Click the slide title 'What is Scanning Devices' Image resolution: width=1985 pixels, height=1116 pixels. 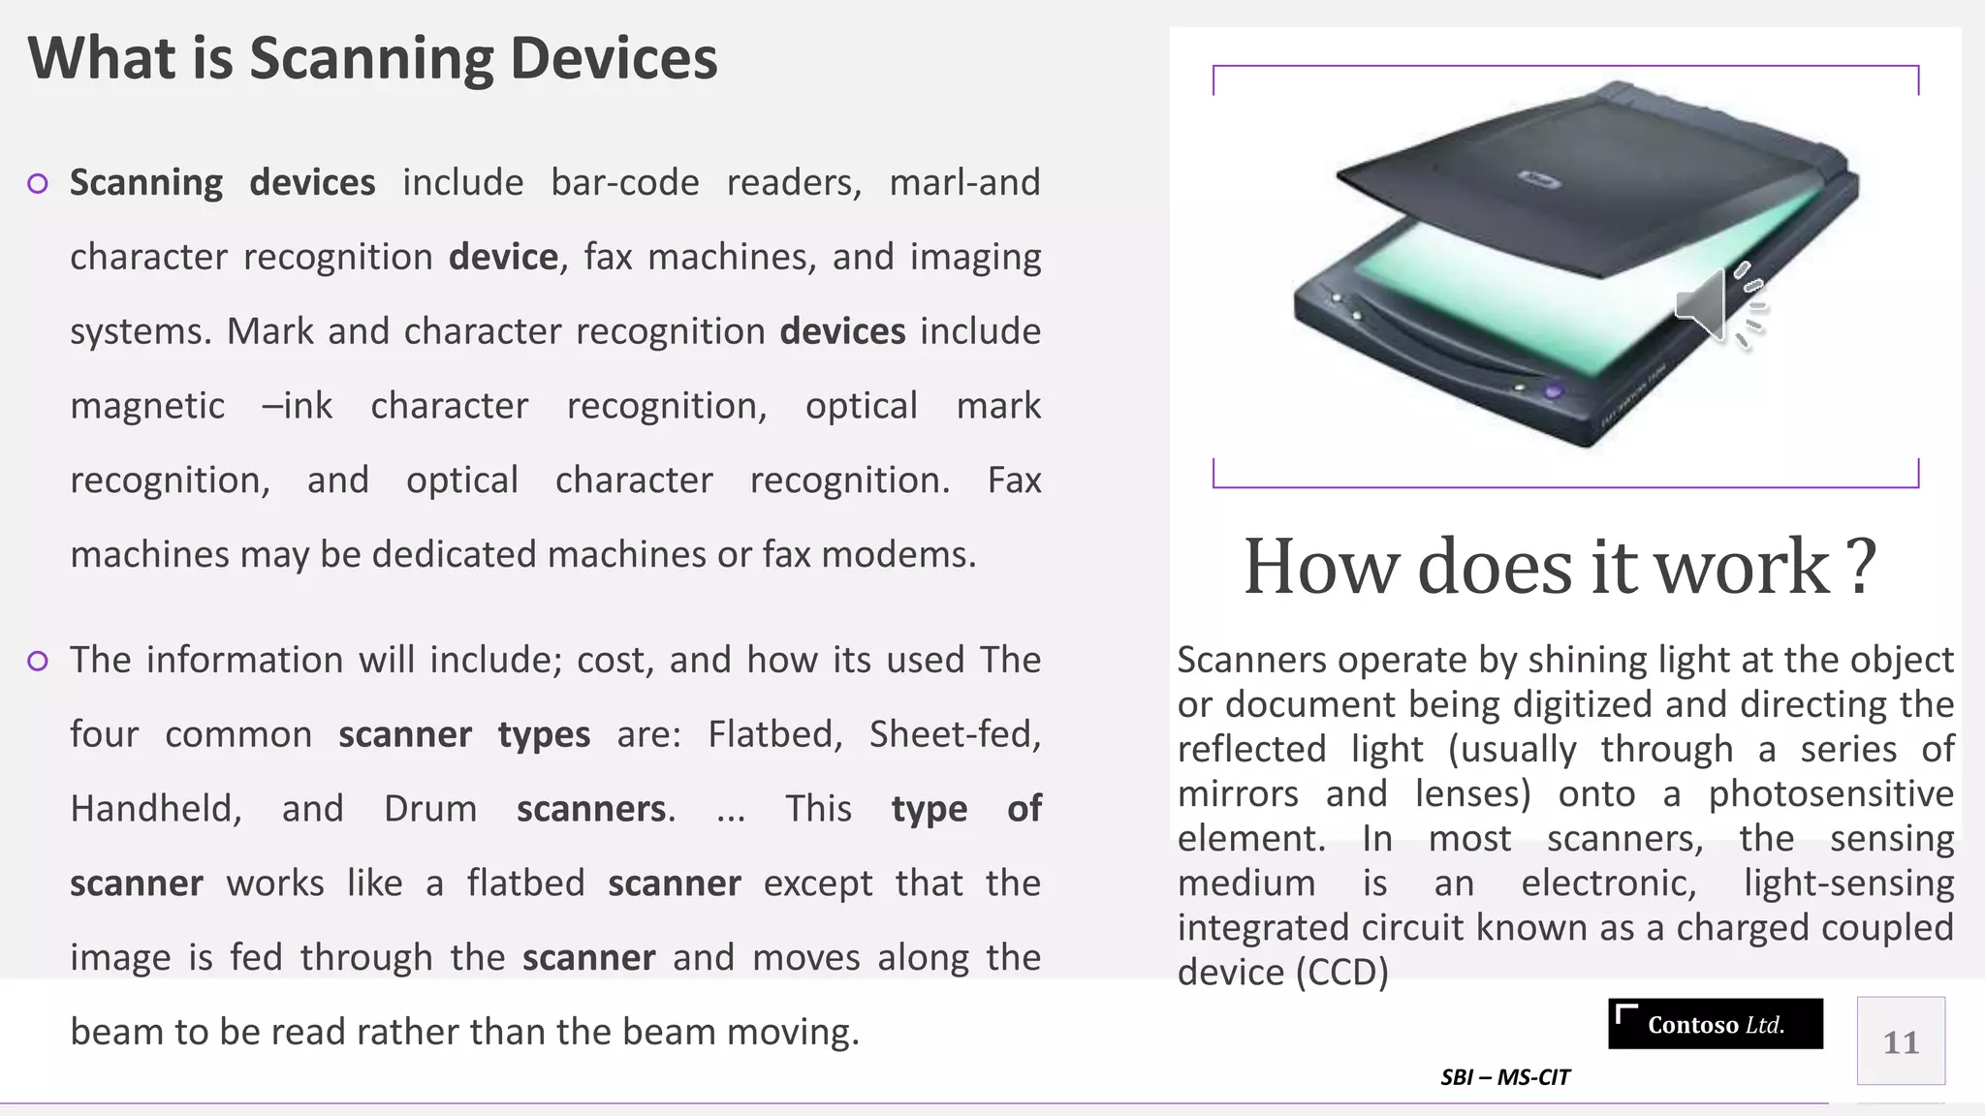click(x=372, y=58)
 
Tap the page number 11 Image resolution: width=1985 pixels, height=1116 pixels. click(x=1901, y=1042)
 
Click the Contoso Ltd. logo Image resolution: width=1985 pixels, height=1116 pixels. click(x=1715, y=1024)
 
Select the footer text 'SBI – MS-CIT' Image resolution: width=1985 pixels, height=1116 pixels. click(x=1504, y=1077)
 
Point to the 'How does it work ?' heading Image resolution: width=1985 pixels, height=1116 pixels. click(x=1560, y=567)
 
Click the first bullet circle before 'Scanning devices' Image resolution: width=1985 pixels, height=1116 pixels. click(x=38, y=183)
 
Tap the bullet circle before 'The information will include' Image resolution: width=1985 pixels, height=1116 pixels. click(x=38, y=661)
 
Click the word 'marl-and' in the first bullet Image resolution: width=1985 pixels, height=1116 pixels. click(x=964, y=182)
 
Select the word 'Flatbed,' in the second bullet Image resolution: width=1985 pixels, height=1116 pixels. click(x=774, y=734)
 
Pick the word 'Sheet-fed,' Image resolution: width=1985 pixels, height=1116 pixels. click(x=955, y=734)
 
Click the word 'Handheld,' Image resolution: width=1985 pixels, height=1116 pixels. click(x=156, y=809)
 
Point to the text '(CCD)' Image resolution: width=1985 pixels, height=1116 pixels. click(x=1342, y=972)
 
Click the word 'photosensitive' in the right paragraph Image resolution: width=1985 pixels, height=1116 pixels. click(x=1831, y=793)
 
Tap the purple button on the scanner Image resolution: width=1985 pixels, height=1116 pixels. click(x=1554, y=391)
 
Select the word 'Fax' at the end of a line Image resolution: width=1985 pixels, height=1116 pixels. click(x=1014, y=480)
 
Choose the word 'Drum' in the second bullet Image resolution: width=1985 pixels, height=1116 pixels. click(x=430, y=809)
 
